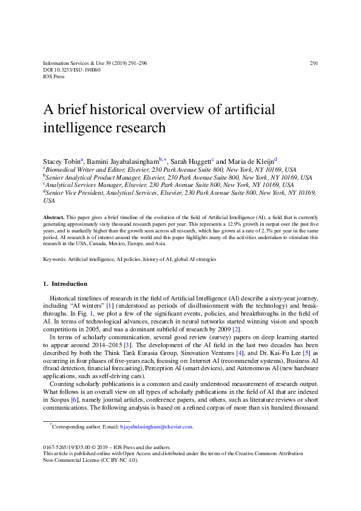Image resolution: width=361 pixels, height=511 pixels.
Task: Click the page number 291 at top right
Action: click(x=314, y=63)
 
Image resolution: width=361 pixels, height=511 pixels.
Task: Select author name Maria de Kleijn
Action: click(x=249, y=160)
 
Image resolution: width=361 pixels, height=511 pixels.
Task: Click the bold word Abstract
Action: click(x=54, y=217)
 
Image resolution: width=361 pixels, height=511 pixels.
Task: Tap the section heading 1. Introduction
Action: click(x=65, y=283)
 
